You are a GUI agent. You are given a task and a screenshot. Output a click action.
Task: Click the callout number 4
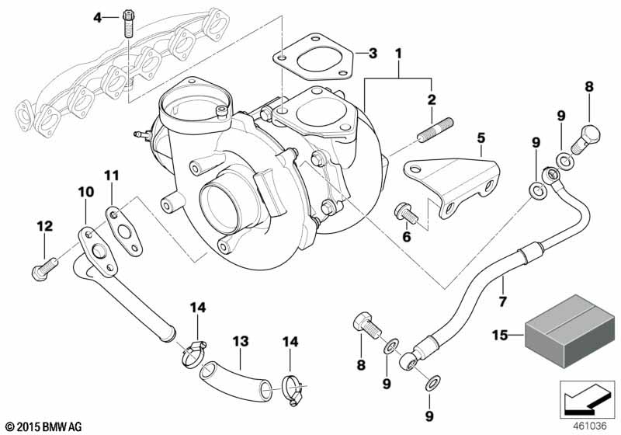(98, 16)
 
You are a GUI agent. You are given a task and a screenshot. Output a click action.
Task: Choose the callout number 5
(480, 137)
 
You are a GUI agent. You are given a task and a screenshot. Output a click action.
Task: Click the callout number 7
(502, 301)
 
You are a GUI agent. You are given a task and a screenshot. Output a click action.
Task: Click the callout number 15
(501, 336)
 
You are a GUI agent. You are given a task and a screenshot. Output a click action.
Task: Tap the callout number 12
(43, 226)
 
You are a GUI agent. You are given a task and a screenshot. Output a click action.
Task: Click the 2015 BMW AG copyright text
(43, 425)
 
